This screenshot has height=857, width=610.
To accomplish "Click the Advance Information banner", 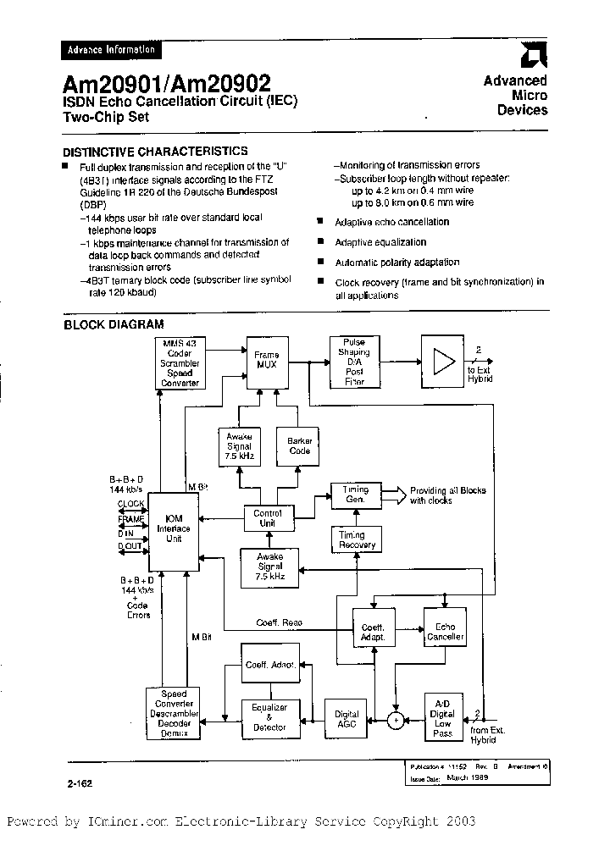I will [111, 50].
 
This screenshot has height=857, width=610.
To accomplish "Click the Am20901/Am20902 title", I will [167, 83].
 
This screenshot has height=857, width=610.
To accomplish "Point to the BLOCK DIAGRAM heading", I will [114, 323].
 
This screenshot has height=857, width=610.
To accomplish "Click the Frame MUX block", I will [266, 359].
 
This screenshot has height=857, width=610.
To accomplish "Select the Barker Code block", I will [299, 446].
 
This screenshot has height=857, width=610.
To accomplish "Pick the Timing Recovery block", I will [357, 539].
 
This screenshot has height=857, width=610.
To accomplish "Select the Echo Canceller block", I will [445, 632].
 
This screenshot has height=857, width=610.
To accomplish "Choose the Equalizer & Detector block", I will [269, 717].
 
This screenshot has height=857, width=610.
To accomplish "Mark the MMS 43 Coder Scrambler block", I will [180, 362].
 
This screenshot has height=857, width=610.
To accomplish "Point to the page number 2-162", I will [77, 783].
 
